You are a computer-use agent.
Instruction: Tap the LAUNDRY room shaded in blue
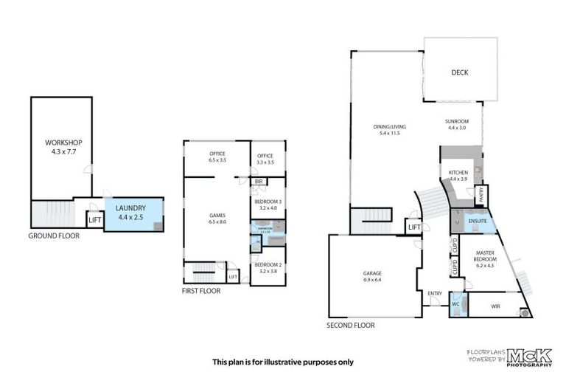[x=130, y=213]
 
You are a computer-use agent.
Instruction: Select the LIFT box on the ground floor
[x=94, y=219]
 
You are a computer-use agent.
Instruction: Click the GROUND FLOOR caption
[x=54, y=236]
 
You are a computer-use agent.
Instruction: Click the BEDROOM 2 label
[x=266, y=267]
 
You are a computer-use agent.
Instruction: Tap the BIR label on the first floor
[x=259, y=181]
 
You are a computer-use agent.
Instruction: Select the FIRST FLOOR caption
[x=200, y=291]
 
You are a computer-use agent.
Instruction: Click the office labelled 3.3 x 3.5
[x=265, y=159]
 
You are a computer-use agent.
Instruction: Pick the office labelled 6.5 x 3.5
[x=217, y=157]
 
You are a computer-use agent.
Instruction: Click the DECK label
[x=460, y=72]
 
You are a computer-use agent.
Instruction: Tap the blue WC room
[x=456, y=303]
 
